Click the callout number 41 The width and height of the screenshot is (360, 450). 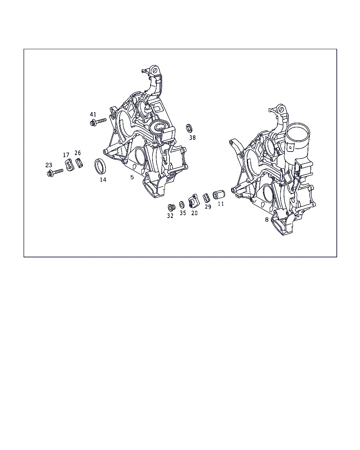[x=93, y=114]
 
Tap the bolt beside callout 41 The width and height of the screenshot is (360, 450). [x=98, y=122]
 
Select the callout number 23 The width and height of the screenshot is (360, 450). [x=49, y=165]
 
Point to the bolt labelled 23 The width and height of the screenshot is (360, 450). [x=55, y=173]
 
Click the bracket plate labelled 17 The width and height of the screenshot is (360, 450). [x=70, y=165]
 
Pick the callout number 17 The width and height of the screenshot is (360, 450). [x=66, y=155]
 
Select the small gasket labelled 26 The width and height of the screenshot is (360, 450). [x=79, y=163]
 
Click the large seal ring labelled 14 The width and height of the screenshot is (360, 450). [x=101, y=166]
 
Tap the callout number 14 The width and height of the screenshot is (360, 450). [x=103, y=180]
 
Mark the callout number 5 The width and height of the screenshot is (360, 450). [x=132, y=177]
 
